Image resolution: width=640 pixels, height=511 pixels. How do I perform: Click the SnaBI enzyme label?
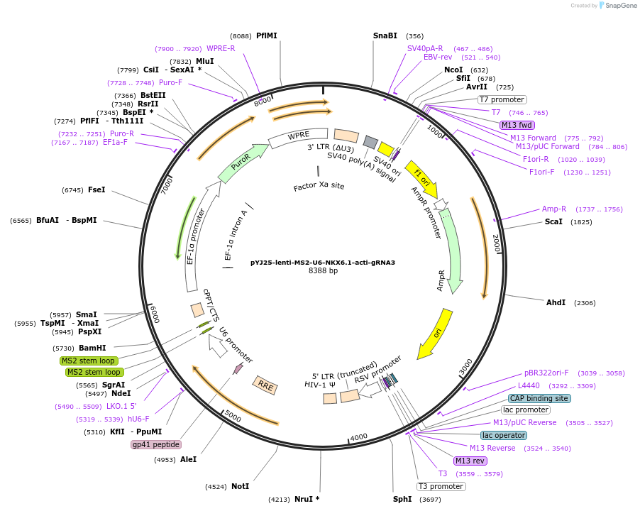point(385,35)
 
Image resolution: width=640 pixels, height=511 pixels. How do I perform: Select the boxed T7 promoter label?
point(502,100)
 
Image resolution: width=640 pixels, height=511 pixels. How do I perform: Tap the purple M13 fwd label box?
point(517,125)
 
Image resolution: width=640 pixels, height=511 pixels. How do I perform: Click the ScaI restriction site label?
point(553,221)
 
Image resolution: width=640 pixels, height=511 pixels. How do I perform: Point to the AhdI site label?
point(556,303)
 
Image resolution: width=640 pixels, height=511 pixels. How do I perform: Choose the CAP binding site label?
point(539,398)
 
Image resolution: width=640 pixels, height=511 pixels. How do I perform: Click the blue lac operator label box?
point(504,435)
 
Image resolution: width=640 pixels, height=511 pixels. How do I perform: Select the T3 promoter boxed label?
point(441,486)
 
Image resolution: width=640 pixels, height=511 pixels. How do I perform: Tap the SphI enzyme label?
point(402,499)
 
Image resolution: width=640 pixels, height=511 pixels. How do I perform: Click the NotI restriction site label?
point(240,486)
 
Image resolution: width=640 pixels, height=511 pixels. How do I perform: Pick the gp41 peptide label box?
point(156,445)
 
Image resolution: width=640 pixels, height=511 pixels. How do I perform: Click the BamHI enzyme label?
point(92,348)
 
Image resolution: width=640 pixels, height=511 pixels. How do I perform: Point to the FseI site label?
point(96,190)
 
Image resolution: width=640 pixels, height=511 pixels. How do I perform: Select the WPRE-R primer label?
point(221,48)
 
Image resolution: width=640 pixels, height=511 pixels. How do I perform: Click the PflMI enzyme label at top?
point(267,35)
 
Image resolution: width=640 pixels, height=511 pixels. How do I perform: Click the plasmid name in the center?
point(323,262)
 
